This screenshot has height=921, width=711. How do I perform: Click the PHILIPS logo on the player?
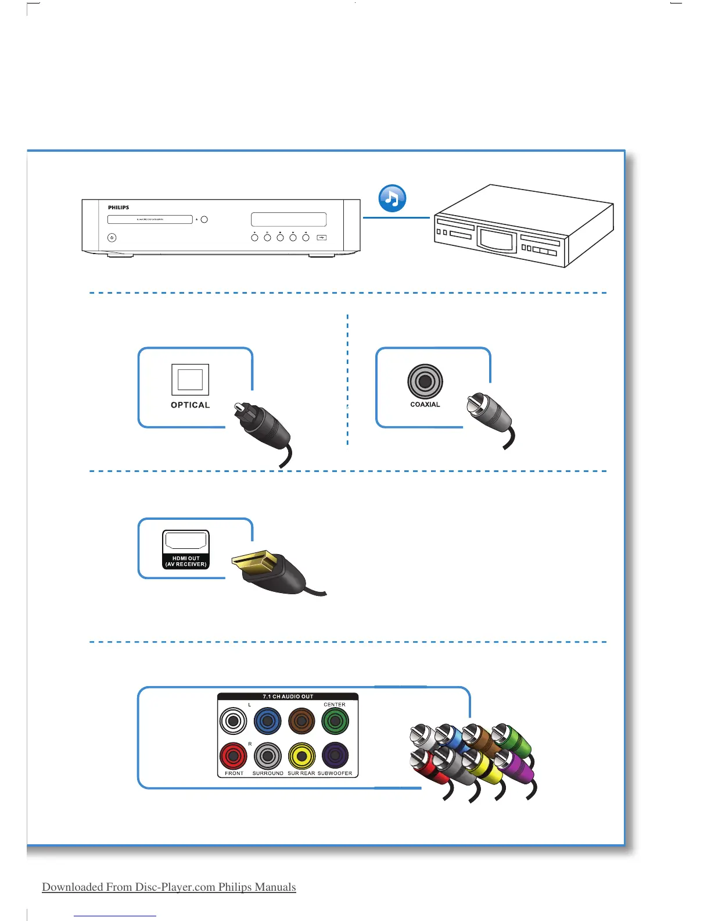click(119, 208)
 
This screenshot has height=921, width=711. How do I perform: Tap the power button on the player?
click(112, 237)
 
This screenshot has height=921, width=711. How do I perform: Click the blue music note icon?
click(392, 198)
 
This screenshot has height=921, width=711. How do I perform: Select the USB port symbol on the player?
click(322, 237)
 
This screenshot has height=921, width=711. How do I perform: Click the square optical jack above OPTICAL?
click(190, 379)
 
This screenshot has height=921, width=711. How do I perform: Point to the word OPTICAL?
click(190, 405)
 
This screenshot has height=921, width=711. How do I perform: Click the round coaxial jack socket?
click(425, 381)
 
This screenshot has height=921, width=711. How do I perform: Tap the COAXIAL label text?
click(425, 405)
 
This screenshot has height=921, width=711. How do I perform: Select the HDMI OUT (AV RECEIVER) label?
click(186, 561)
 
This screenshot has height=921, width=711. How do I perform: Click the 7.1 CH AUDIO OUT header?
click(288, 697)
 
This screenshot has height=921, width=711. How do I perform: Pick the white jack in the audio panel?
click(234, 722)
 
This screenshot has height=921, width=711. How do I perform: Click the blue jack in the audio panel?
click(267, 722)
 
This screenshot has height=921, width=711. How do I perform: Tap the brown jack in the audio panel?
click(301, 722)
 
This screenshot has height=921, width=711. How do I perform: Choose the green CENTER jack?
click(335, 722)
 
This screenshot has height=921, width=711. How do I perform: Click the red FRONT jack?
click(234, 756)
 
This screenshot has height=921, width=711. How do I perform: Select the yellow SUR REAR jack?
click(301, 756)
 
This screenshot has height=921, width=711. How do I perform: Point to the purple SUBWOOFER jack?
click(335, 756)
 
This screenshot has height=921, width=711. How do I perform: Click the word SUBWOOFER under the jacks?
click(335, 773)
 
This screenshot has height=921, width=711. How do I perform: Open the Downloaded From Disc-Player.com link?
click(168, 887)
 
